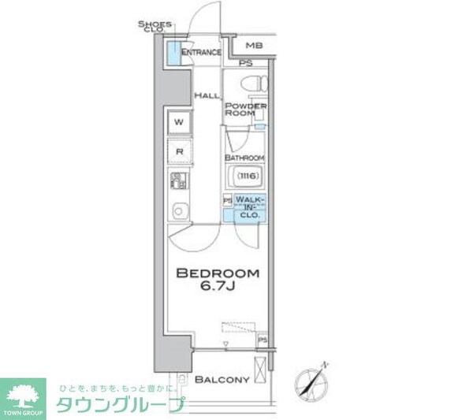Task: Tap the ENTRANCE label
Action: click(201, 53)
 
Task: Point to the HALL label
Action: click(206, 95)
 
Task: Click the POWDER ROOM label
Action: click(246, 110)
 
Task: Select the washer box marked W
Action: click(179, 122)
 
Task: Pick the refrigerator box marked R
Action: click(179, 151)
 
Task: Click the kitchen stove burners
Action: click(178, 180)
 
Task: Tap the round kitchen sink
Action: click(178, 210)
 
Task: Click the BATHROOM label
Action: click(246, 157)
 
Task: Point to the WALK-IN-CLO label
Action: click(251, 206)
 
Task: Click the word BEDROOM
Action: click(217, 273)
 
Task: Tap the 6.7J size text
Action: click(217, 289)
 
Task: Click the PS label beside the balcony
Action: click(263, 340)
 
